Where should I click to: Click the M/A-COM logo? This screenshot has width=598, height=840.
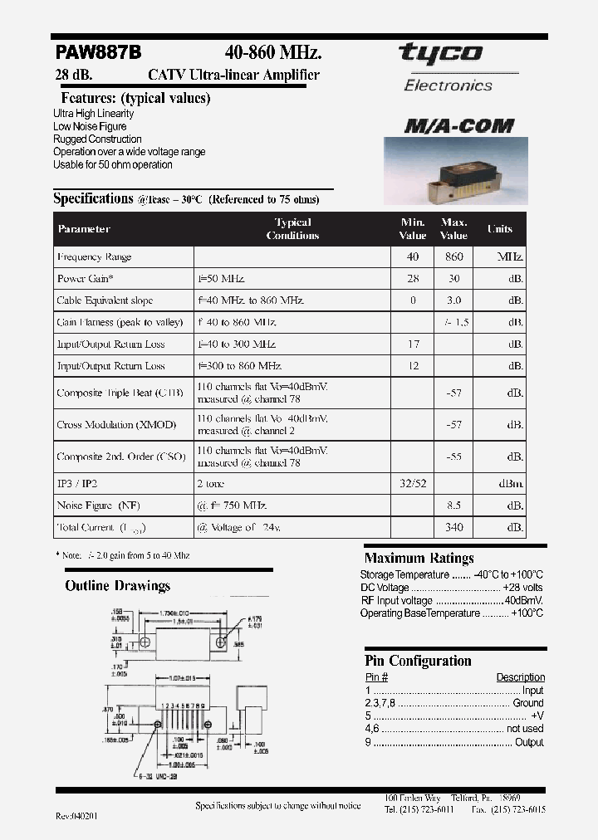pos(459,126)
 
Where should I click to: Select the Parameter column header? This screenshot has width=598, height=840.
pos(83,229)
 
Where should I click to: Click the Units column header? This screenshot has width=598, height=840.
pos(499,229)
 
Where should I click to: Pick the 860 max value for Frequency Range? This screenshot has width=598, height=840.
pos(454,257)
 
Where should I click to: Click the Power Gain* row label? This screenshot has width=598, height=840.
pos(86,279)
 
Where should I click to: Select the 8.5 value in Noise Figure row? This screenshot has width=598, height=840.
pos(454,505)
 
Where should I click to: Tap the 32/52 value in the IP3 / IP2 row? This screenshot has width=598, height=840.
pos(413,483)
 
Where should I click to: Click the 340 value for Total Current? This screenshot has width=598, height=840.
pos(454,527)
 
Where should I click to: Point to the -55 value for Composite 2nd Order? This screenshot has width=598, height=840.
pos(454,457)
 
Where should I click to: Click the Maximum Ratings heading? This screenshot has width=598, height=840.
pos(419,558)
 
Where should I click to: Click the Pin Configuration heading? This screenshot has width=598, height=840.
pos(418,661)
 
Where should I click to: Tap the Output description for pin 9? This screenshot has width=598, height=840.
pos(529,742)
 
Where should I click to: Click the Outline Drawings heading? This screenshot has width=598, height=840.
pos(117,586)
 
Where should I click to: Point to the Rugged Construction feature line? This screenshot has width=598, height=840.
pos(97,139)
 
